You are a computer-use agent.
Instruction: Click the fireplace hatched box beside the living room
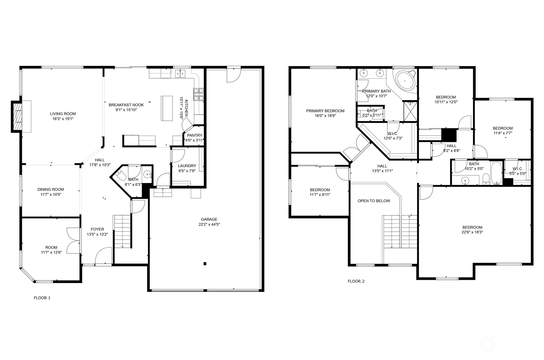click(x=17, y=117)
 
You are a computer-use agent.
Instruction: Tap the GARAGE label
click(x=209, y=219)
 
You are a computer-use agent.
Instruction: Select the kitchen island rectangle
click(x=167, y=108)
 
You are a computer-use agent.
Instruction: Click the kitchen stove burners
click(x=198, y=95)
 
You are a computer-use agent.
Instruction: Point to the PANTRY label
click(x=195, y=135)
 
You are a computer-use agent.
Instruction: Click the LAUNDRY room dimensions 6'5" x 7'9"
click(x=187, y=171)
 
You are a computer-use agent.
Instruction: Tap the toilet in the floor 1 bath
click(x=121, y=174)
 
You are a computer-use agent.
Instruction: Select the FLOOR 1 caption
click(x=42, y=298)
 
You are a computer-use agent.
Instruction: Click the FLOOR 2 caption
click(x=356, y=281)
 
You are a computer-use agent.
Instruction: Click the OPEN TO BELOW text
click(x=374, y=201)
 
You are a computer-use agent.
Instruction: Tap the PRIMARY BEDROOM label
click(x=325, y=111)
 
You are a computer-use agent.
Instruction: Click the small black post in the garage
click(x=205, y=264)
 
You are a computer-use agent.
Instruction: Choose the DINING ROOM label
click(x=51, y=189)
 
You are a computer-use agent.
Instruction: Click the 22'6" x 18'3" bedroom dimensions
click(x=472, y=232)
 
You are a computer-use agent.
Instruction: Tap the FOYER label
click(x=97, y=229)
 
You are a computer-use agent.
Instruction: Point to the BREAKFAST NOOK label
click(x=126, y=105)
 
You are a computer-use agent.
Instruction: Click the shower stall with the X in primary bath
click(x=410, y=111)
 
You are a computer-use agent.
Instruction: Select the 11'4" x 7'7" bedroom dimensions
click(x=502, y=133)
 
